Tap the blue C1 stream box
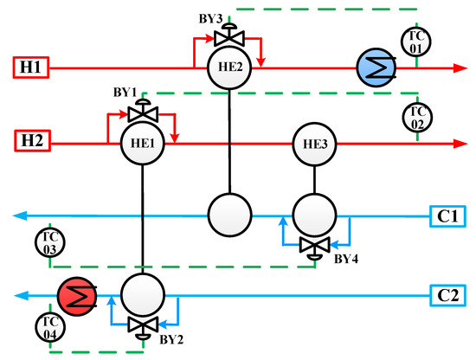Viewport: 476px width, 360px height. click(x=449, y=214)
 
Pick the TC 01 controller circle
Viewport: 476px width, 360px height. click(x=416, y=40)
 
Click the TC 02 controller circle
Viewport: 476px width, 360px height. click(x=416, y=115)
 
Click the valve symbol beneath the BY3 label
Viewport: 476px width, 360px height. click(x=229, y=37)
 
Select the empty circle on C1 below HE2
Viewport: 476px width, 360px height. click(x=229, y=213)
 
